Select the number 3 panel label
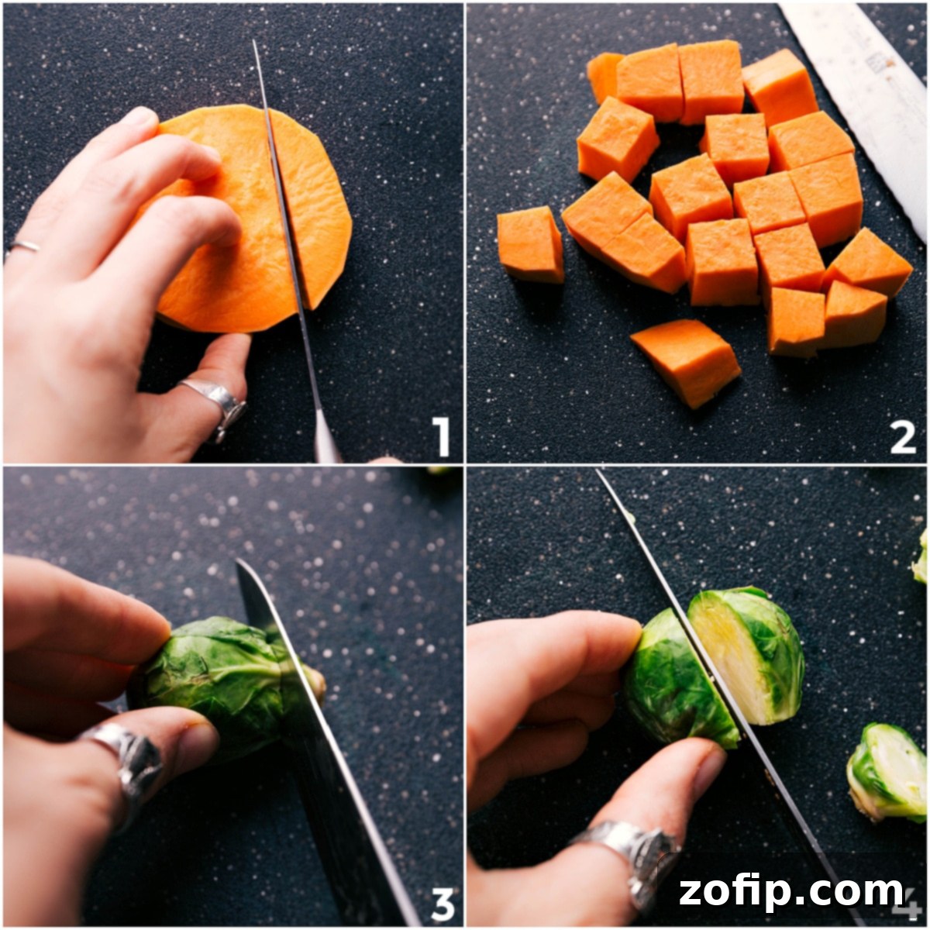(x=442, y=904)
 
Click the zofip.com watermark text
(x=791, y=891)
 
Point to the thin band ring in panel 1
(x=23, y=246)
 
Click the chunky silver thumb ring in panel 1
(x=217, y=403)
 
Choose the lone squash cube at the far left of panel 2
(x=531, y=244)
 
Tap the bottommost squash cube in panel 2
(x=686, y=362)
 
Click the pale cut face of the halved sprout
(x=725, y=659)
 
